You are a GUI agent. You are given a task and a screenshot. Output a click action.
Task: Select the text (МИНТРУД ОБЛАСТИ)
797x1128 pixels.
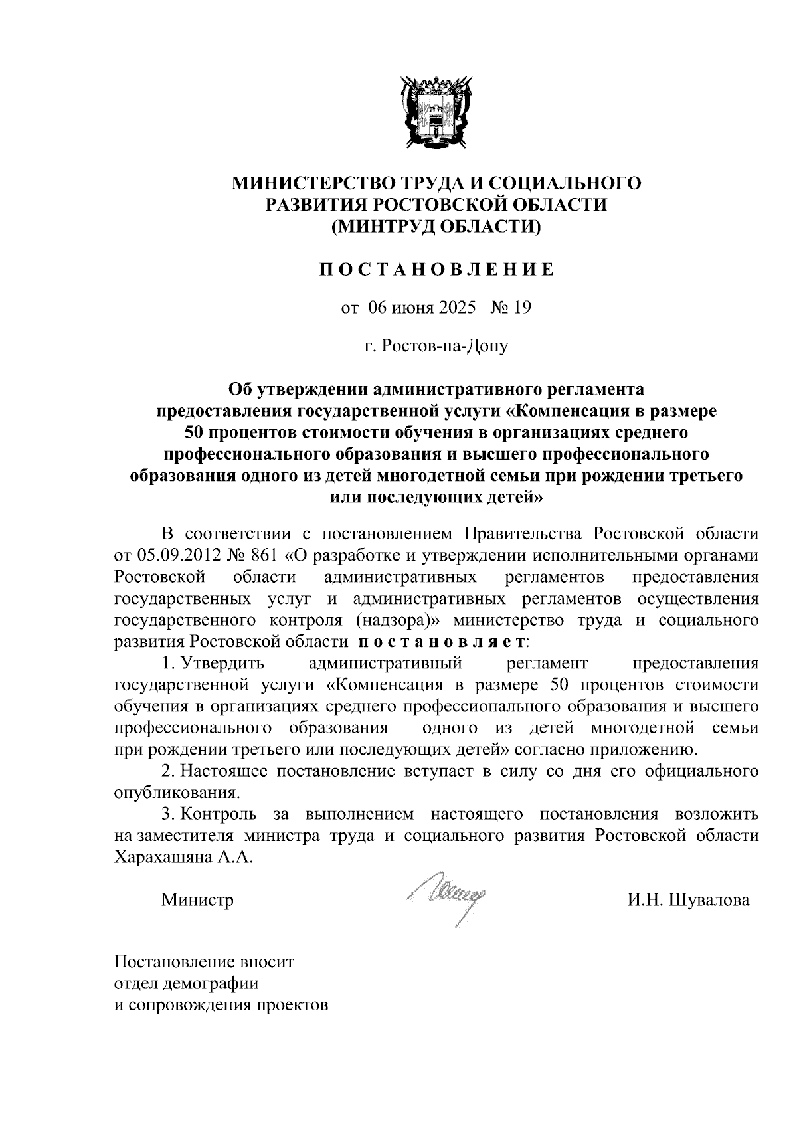pyautogui.click(x=436, y=227)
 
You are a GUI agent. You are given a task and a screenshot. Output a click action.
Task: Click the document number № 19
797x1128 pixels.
pyautogui.click(x=511, y=308)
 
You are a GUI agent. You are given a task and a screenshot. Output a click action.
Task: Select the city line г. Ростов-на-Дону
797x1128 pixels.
pyautogui.click(x=436, y=346)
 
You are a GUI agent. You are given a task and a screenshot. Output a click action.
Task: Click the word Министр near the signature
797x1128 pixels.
pyautogui.click(x=197, y=901)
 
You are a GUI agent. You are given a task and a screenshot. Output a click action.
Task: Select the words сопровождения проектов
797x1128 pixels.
pyautogui.click(x=229, y=1004)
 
